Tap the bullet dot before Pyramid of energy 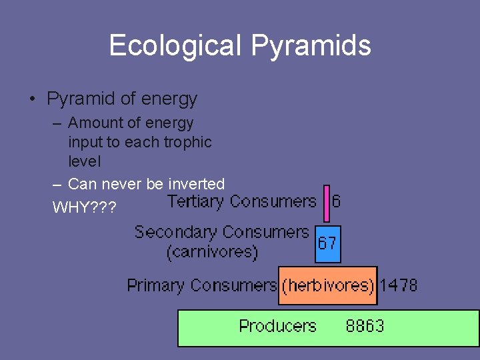click(x=32, y=100)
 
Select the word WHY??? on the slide click(x=84, y=207)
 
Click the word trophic click(x=187, y=142)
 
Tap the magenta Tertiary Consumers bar click(x=327, y=203)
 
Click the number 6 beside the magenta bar click(x=336, y=201)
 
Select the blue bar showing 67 click(x=327, y=243)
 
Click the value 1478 click(x=399, y=285)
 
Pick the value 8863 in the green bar click(x=365, y=326)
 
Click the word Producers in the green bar click(x=277, y=326)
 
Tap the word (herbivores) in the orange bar click(x=327, y=286)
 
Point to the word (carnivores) click(x=212, y=252)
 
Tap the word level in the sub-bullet click(x=85, y=161)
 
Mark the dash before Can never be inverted click(x=57, y=183)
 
